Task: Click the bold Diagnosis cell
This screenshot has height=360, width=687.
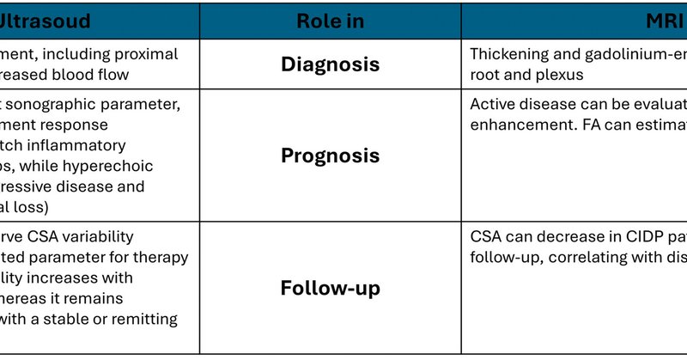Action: click(330, 64)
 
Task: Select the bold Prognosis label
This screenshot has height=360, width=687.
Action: click(330, 156)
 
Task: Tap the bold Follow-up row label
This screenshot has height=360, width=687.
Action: click(330, 288)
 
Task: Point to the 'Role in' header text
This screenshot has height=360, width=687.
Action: click(330, 20)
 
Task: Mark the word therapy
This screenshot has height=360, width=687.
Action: click(160, 257)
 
